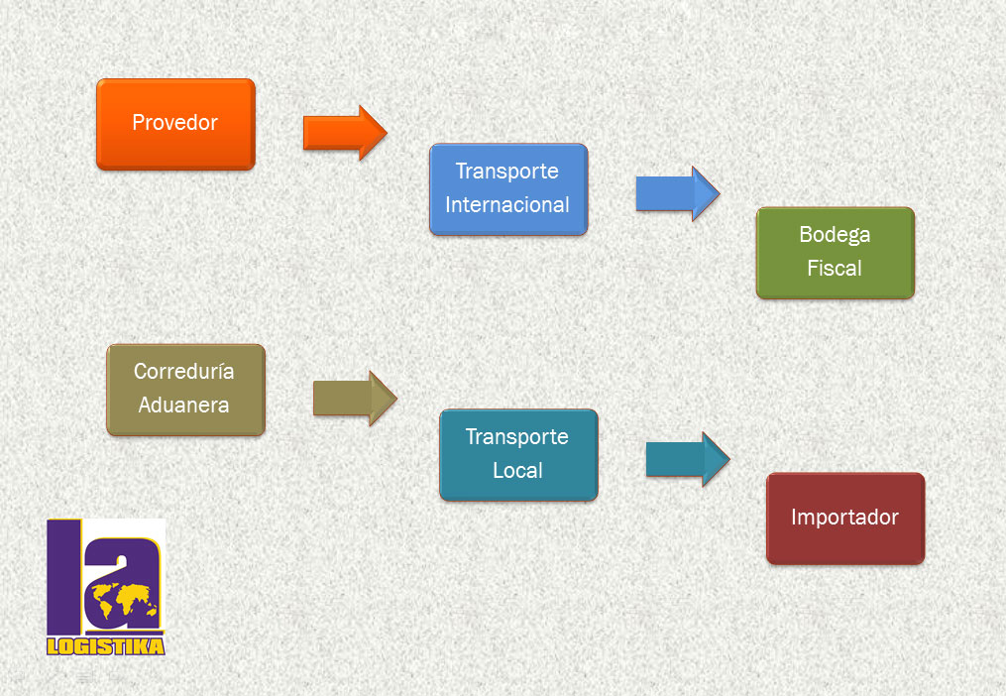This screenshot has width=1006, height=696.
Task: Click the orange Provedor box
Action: point(175,124)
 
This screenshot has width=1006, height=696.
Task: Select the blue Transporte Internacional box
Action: point(508,188)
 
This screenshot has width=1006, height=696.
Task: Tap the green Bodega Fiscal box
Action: point(836,253)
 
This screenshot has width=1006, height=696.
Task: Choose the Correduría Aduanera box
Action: point(185,390)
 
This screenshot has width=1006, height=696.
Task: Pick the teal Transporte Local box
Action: point(519,455)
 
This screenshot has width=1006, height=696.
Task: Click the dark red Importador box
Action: point(845,519)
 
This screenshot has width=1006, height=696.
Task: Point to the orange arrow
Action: point(345,133)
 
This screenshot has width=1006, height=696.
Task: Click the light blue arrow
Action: point(678,193)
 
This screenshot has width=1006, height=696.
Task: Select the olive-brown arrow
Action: point(355,399)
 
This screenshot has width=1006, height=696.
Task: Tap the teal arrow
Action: point(688,459)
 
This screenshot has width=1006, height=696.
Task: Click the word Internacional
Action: point(507,205)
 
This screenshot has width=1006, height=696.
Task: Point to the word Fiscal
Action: point(835,268)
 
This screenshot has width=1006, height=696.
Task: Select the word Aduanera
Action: point(183,406)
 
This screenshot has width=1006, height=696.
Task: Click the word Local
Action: point(517,471)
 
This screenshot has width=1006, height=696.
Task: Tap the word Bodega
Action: point(835,235)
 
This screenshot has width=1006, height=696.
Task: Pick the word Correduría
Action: point(183,371)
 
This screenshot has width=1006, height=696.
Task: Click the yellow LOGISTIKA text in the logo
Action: point(106,645)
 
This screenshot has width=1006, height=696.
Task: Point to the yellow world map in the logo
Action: point(125,601)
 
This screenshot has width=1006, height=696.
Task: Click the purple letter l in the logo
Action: point(64,577)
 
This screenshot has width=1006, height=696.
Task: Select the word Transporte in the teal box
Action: point(517,437)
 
